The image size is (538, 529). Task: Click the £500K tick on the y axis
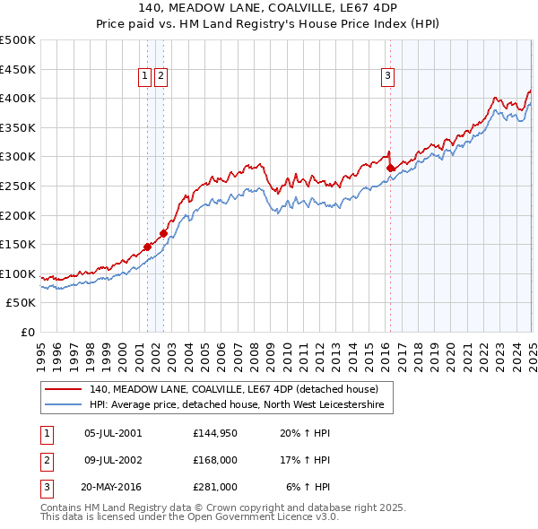coord(18,39)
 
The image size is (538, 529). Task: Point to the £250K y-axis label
coord(18,186)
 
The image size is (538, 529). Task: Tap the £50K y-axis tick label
coord(22,303)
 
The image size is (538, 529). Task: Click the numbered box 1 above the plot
coord(144,77)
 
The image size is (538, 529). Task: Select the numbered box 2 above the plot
coord(160,77)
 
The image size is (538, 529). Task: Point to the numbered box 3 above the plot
coord(387,77)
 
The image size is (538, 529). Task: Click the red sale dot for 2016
coord(390,167)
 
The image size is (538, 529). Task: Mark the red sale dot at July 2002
coord(163,233)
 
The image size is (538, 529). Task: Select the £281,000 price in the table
coord(214,487)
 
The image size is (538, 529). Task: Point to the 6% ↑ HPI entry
coord(308,487)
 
